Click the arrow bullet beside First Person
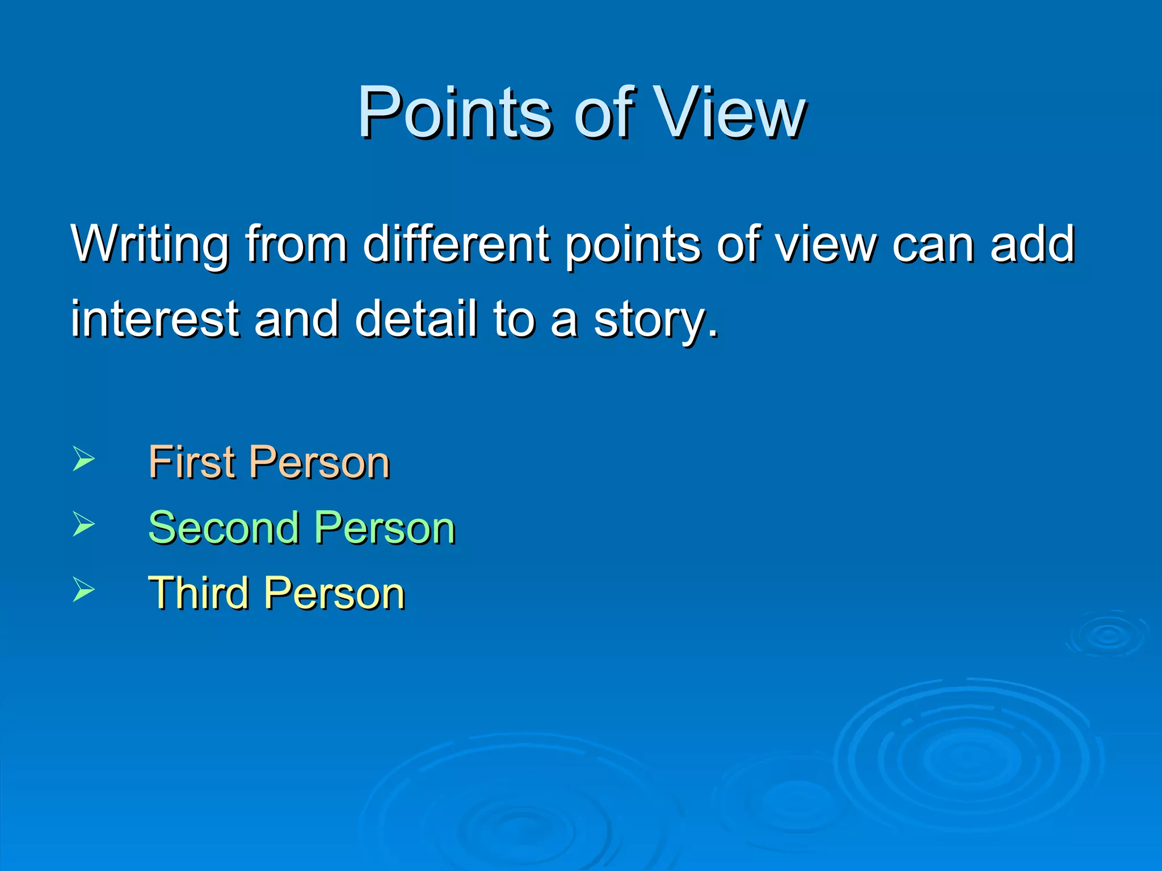pos(83,459)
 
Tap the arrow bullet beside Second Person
pos(83,524)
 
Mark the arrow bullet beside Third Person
pos(83,589)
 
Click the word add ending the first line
pos(1033,244)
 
